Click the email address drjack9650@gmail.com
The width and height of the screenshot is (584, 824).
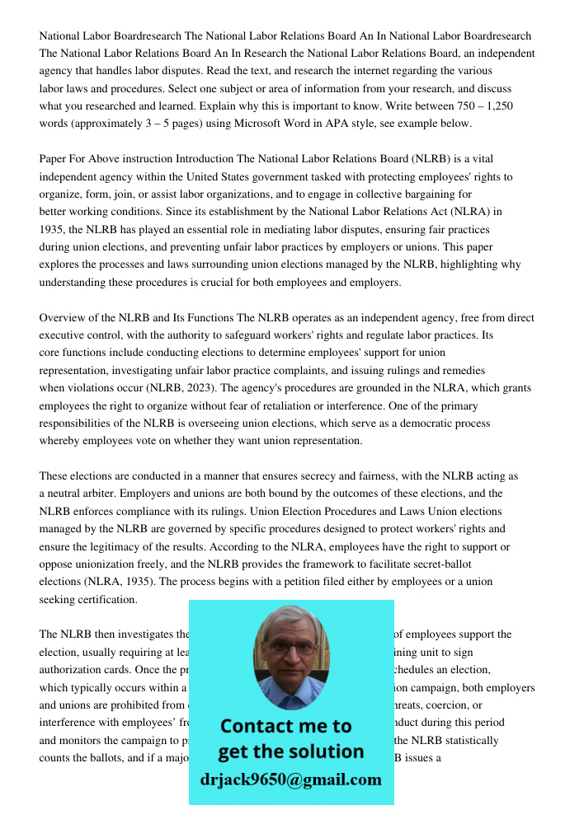(291, 780)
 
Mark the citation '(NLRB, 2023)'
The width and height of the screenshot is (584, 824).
(179, 388)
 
